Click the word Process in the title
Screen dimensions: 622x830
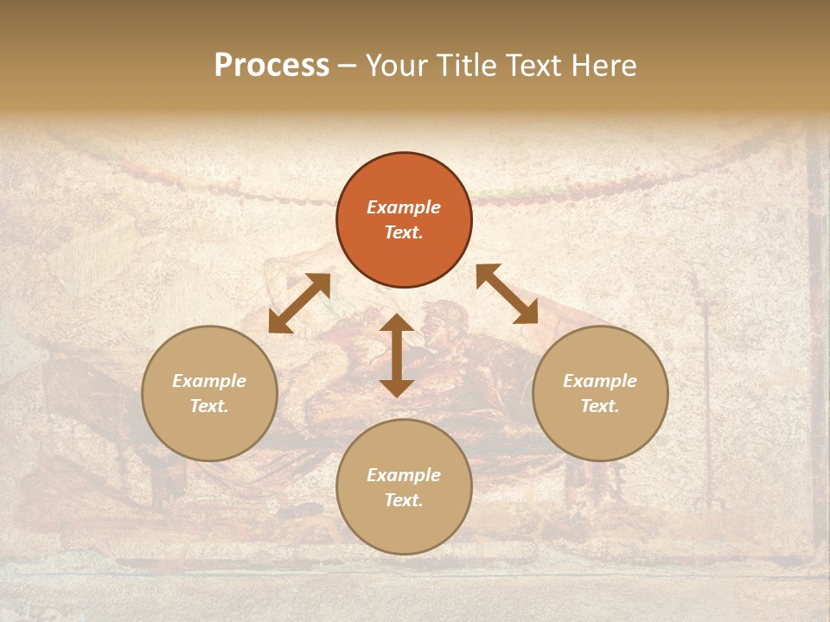coord(271,66)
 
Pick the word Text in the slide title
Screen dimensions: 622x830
coord(533,66)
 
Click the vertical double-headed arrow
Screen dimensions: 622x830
coord(397,355)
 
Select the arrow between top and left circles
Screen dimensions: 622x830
coord(299,303)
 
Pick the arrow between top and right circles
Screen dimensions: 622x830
coord(507,294)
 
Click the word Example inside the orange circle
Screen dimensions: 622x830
coord(404,207)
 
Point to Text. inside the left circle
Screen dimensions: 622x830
coord(209,406)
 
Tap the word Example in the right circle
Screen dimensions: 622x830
coord(600,381)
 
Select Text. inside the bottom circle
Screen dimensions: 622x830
coord(404,500)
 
